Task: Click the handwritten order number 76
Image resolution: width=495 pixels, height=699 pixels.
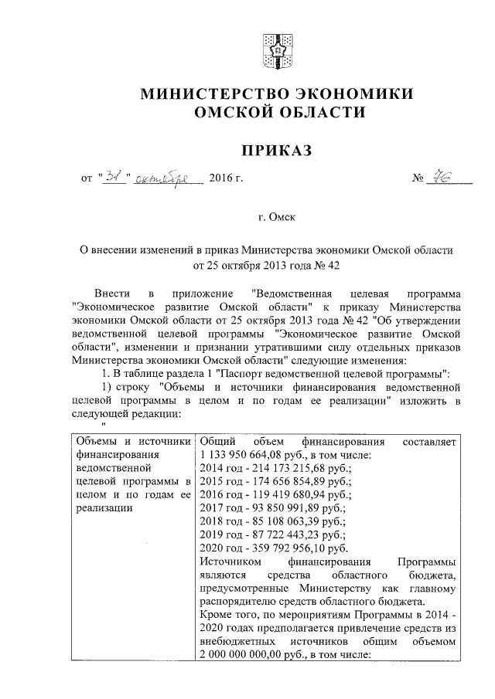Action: [x=444, y=178]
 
